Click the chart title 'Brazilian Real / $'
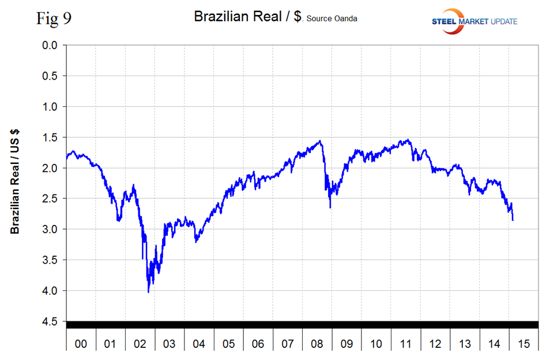(248, 17)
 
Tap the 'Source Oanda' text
(332, 18)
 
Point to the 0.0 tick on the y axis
(52, 45)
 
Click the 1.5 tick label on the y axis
(52, 137)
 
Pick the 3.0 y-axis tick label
(52, 230)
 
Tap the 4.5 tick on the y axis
(52, 321)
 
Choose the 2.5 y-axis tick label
(52, 198)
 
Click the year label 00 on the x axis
(81, 344)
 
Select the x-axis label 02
(140, 344)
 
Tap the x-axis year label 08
(317, 344)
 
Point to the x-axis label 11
(405, 344)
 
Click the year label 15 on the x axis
(523, 344)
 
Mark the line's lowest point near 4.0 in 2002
(148, 292)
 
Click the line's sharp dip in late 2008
(330, 207)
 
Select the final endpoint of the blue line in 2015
(513, 220)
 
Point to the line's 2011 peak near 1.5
(408, 140)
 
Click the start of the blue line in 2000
(66, 157)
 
